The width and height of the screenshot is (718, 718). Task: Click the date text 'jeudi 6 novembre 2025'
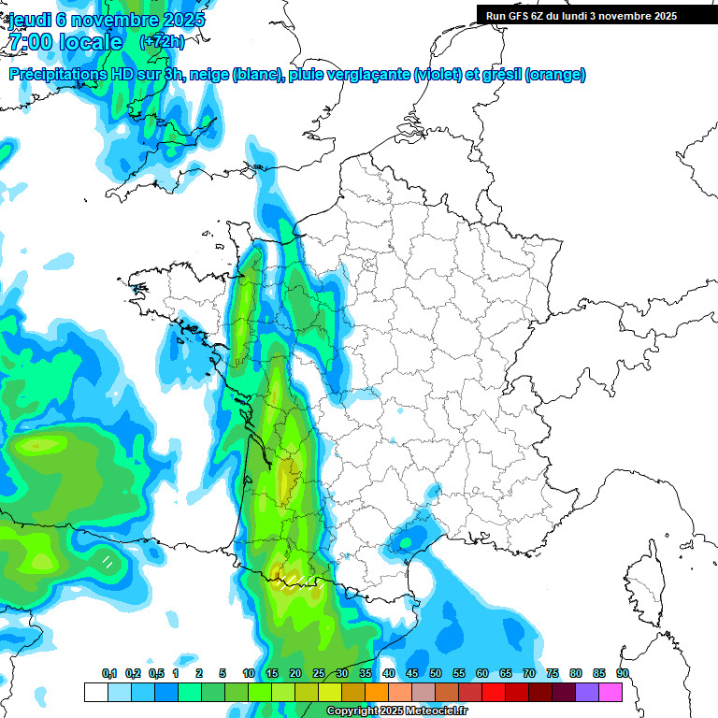click(x=107, y=19)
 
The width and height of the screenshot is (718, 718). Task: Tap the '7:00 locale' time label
click(x=65, y=42)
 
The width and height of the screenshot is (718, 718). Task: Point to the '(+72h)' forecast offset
click(x=162, y=42)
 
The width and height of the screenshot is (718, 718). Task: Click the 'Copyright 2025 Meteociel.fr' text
click(x=398, y=711)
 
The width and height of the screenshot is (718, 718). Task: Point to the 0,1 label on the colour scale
click(x=109, y=673)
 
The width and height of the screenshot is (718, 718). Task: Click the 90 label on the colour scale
click(x=623, y=673)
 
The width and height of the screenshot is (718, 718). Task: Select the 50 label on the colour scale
click(x=436, y=673)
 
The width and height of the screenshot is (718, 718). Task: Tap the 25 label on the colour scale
click(x=319, y=673)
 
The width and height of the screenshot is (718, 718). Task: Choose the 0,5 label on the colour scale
click(x=156, y=673)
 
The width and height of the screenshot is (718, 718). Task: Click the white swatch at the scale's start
click(x=95, y=692)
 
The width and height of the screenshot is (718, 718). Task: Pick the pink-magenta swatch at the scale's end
click(x=610, y=692)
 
